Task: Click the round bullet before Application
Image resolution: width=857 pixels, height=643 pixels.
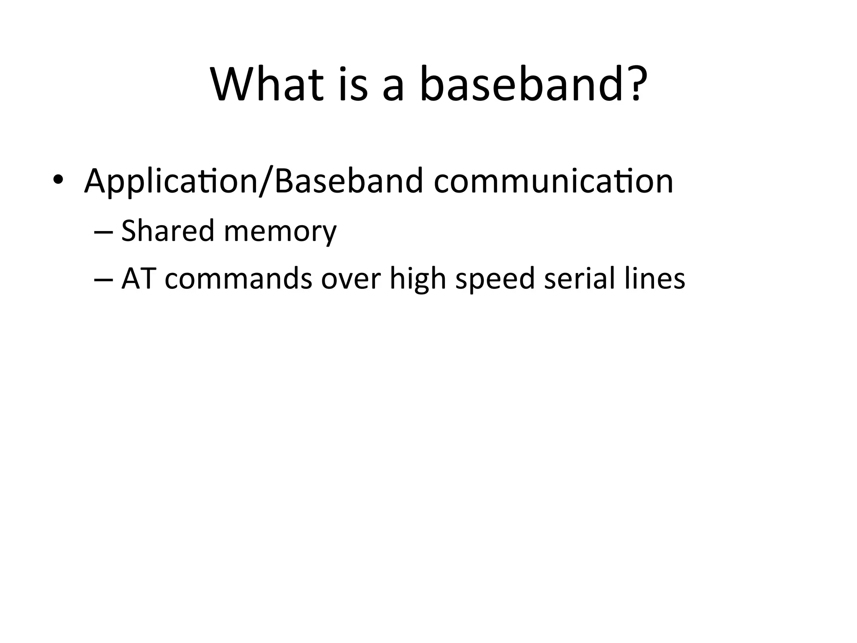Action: pyautogui.click(x=58, y=180)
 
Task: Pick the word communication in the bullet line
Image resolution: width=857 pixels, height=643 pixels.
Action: pyautogui.click(x=553, y=181)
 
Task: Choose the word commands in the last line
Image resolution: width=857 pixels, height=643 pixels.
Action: pyautogui.click(x=238, y=279)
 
